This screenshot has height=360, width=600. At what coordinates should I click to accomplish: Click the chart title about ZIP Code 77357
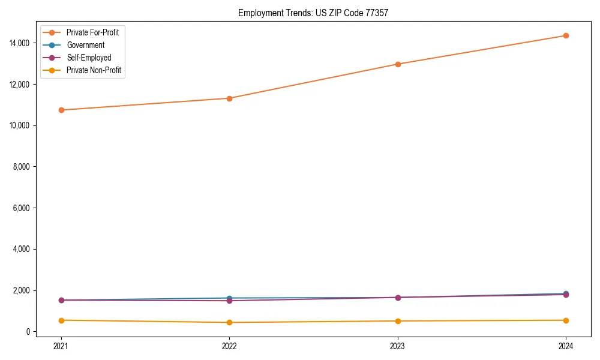313,13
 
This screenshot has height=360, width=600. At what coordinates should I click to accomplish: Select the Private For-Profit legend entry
92,32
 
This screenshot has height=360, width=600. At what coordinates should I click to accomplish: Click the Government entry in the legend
85,45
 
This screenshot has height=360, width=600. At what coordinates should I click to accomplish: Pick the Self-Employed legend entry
89,58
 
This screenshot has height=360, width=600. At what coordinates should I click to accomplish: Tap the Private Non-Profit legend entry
94,70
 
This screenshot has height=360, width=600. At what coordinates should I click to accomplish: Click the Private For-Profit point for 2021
61,110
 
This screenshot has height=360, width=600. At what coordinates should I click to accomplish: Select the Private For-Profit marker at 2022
229,98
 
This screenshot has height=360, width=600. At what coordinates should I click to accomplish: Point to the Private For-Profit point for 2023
398,64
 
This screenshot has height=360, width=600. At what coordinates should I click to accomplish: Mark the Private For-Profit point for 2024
566,35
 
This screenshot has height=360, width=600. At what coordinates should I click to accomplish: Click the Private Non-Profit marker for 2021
61,320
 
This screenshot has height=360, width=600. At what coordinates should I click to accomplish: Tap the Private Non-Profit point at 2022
229,323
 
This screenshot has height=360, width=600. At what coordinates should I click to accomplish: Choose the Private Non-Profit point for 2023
398,321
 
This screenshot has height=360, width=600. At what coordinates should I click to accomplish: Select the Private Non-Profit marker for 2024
566,320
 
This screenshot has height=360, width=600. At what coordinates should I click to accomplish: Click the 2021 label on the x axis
61,346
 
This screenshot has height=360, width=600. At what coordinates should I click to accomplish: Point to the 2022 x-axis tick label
229,346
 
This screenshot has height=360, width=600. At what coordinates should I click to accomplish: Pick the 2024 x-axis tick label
566,346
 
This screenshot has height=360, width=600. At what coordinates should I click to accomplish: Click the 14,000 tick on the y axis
19,43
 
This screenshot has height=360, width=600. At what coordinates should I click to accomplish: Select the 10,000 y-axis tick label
19,125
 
